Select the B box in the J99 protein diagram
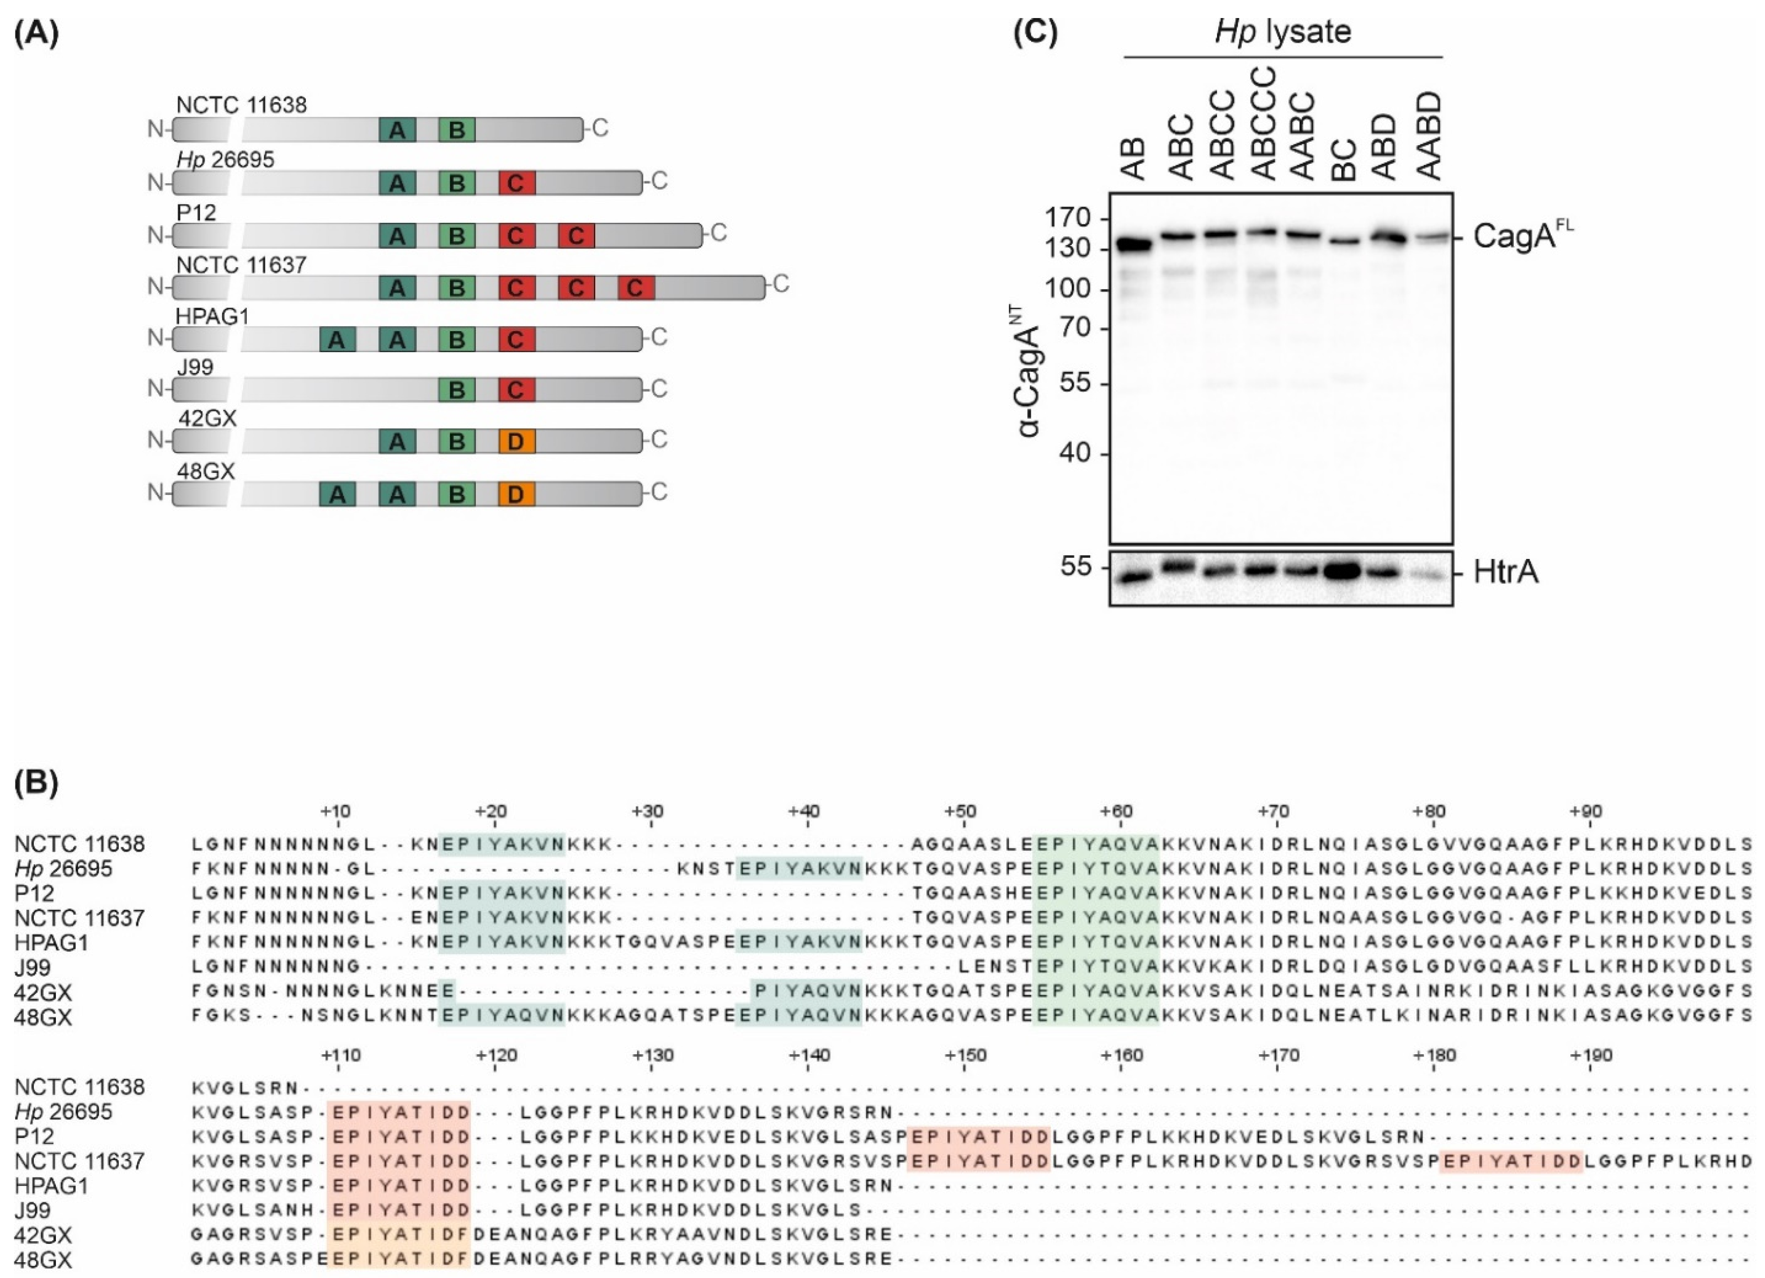(457, 389)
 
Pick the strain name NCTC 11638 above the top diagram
(241, 105)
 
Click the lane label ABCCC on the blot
(1265, 125)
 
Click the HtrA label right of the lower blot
(1506, 573)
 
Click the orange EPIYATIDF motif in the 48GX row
(399, 1259)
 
